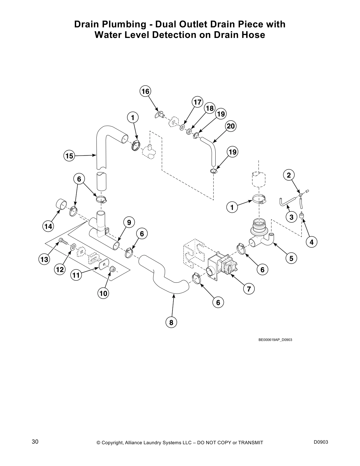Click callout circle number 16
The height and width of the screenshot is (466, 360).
[145, 91]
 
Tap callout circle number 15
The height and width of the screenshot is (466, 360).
[69, 156]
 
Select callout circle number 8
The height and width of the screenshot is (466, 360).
[171, 323]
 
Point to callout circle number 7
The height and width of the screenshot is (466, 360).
[249, 289]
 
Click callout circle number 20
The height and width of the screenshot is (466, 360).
[231, 126]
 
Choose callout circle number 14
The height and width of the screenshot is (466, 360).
[48, 226]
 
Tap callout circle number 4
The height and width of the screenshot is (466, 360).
[311, 242]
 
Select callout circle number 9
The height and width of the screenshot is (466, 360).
[129, 222]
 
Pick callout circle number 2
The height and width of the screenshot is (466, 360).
[289, 175]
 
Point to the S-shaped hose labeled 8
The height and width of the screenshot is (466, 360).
[165, 279]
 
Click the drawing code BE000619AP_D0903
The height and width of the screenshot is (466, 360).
[275, 340]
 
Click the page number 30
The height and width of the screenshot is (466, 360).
[35, 442]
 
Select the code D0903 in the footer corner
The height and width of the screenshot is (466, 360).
[321, 442]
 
